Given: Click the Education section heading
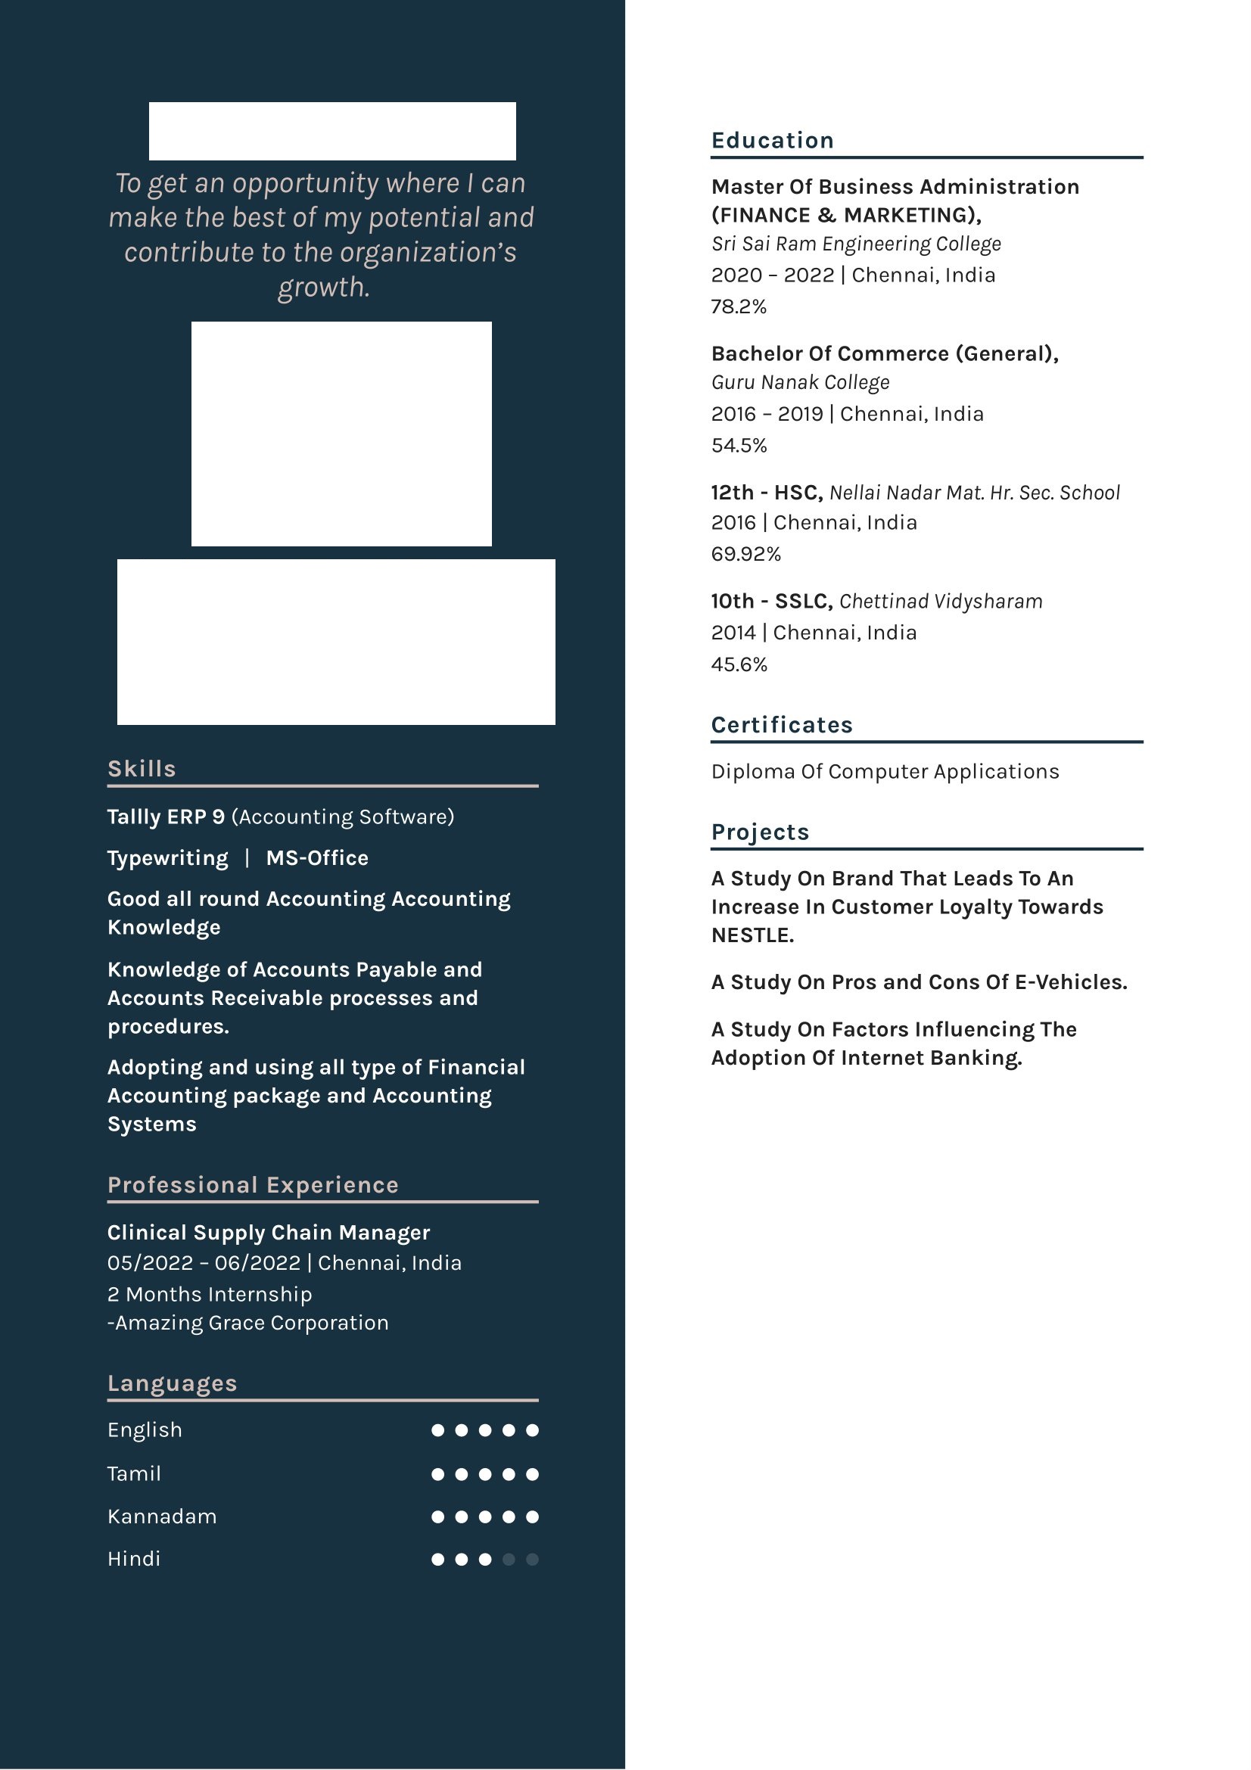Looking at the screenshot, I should pos(772,140).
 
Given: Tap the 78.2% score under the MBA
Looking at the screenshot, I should pos(739,306).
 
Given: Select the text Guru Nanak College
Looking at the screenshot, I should pos(800,382).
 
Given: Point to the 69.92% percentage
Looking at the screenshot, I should pos(745,554).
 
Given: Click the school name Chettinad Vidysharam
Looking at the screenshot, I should pos(941,602).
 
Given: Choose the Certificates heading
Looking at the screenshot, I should pos(782,725).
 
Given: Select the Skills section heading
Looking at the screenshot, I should pos(142,769).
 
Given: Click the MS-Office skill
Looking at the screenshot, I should pos(317,858).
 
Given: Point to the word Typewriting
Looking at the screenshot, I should pos(167,858).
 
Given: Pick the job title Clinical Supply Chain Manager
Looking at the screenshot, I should pos(268,1233).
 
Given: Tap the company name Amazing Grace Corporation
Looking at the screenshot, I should pos(251,1323).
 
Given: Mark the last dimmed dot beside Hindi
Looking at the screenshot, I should pos(532,1560).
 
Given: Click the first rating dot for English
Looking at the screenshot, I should pos(437,1431).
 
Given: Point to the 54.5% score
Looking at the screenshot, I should pos(739,446).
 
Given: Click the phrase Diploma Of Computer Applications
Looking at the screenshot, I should pos(885,772).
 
